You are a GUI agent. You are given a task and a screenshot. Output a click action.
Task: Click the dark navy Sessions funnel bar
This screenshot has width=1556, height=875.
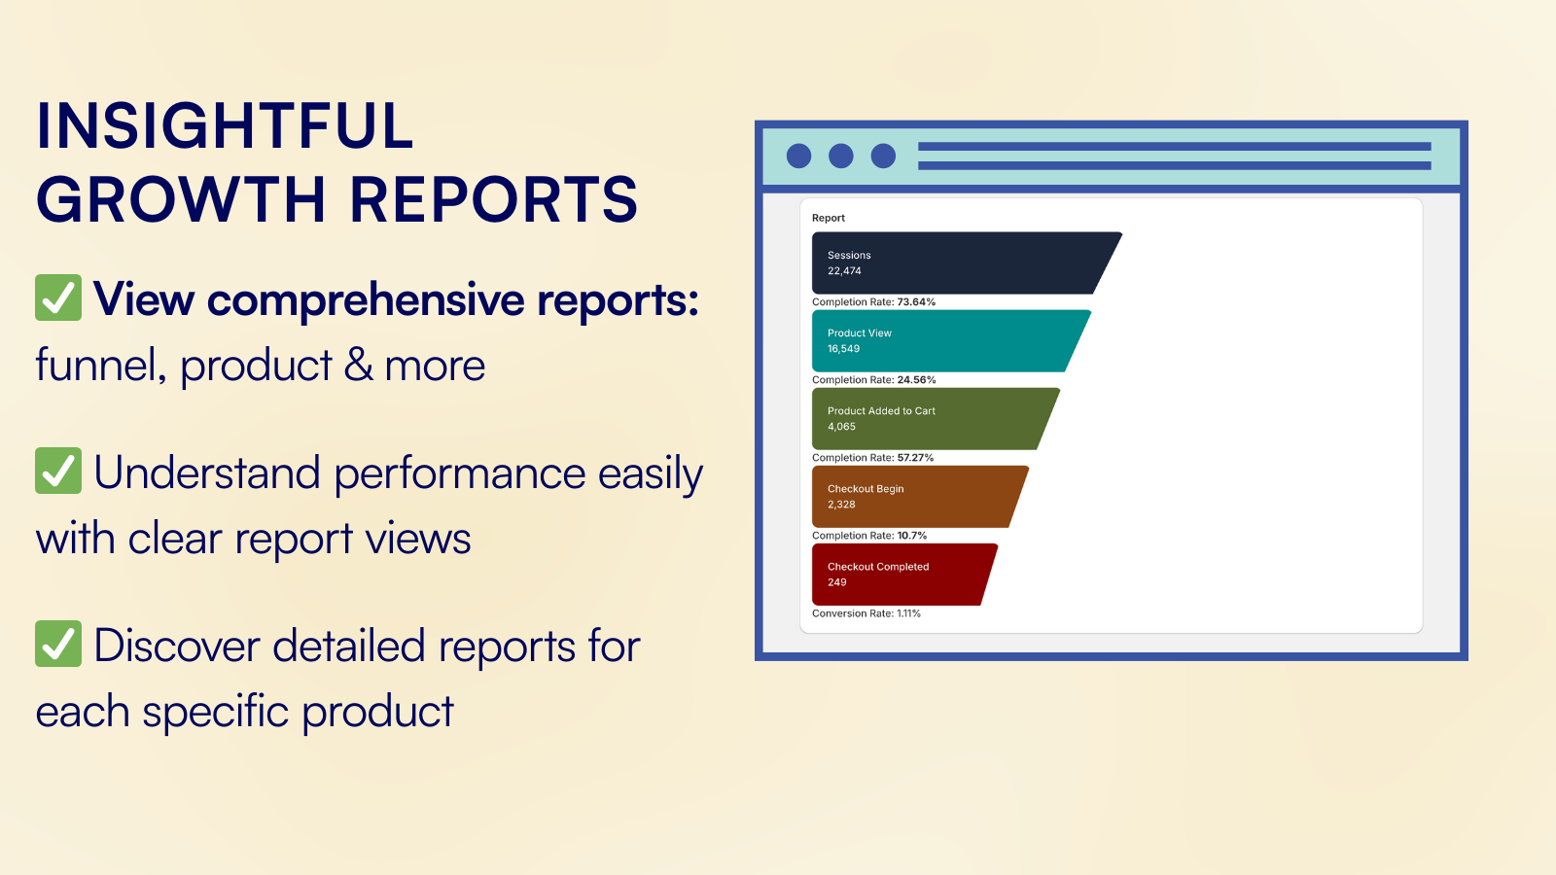click(959, 263)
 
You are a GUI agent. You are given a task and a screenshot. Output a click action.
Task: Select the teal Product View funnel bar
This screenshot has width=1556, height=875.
click(943, 341)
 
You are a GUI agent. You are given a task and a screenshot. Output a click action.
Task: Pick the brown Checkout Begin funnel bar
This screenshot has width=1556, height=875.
click(912, 497)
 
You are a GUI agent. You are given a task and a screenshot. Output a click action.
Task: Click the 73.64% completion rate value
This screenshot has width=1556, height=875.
click(916, 302)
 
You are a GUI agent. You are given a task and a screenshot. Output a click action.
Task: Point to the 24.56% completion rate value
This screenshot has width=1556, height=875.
click(916, 380)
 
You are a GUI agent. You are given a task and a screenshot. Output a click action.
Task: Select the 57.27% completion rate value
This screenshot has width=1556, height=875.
click(915, 458)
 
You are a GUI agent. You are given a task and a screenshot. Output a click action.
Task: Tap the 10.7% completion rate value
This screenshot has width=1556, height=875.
click(912, 536)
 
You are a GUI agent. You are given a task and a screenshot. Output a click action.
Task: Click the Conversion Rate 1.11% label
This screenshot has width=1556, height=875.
click(866, 613)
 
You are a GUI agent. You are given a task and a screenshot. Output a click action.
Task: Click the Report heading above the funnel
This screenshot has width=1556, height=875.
click(828, 218)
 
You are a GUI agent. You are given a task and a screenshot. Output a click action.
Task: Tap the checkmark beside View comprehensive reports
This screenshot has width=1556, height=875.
click(58, 297)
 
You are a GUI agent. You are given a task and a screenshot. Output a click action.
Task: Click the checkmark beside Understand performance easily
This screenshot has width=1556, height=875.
click(58, 471)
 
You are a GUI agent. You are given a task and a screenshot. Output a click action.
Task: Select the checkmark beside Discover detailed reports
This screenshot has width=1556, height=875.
click(58, 644)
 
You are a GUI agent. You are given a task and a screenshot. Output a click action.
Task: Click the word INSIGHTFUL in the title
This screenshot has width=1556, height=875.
click(225, 125)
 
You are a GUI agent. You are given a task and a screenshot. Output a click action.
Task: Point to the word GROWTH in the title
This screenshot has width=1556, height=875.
click(181, 199)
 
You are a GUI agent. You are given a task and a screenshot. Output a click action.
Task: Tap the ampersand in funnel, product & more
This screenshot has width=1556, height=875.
click(359, 366)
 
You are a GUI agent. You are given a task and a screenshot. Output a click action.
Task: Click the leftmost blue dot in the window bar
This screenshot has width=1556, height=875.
click(798, 156)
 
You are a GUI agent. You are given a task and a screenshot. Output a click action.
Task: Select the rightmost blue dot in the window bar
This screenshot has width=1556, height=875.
click(884, 156)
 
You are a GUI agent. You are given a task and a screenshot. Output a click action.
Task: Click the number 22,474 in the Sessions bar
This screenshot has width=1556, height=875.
click(844, 271)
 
